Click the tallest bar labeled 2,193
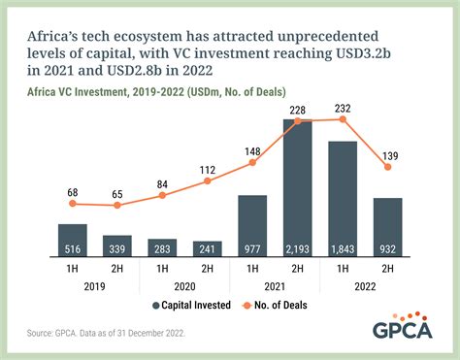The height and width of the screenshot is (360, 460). (x=297, y=189)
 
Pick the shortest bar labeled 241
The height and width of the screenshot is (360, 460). (x=207, y=250)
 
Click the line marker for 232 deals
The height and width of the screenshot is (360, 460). (x=343, y=118)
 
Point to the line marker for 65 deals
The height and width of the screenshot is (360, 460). (x=117, y=208)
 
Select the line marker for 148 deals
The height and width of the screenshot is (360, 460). (x=252, y=162)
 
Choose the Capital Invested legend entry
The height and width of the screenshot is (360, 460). (x=195, y=306)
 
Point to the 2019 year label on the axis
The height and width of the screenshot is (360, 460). (x=94, y=288)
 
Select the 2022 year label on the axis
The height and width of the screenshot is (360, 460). (x=365, y=288)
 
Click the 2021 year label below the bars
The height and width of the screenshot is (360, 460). (x=275, y=288)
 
